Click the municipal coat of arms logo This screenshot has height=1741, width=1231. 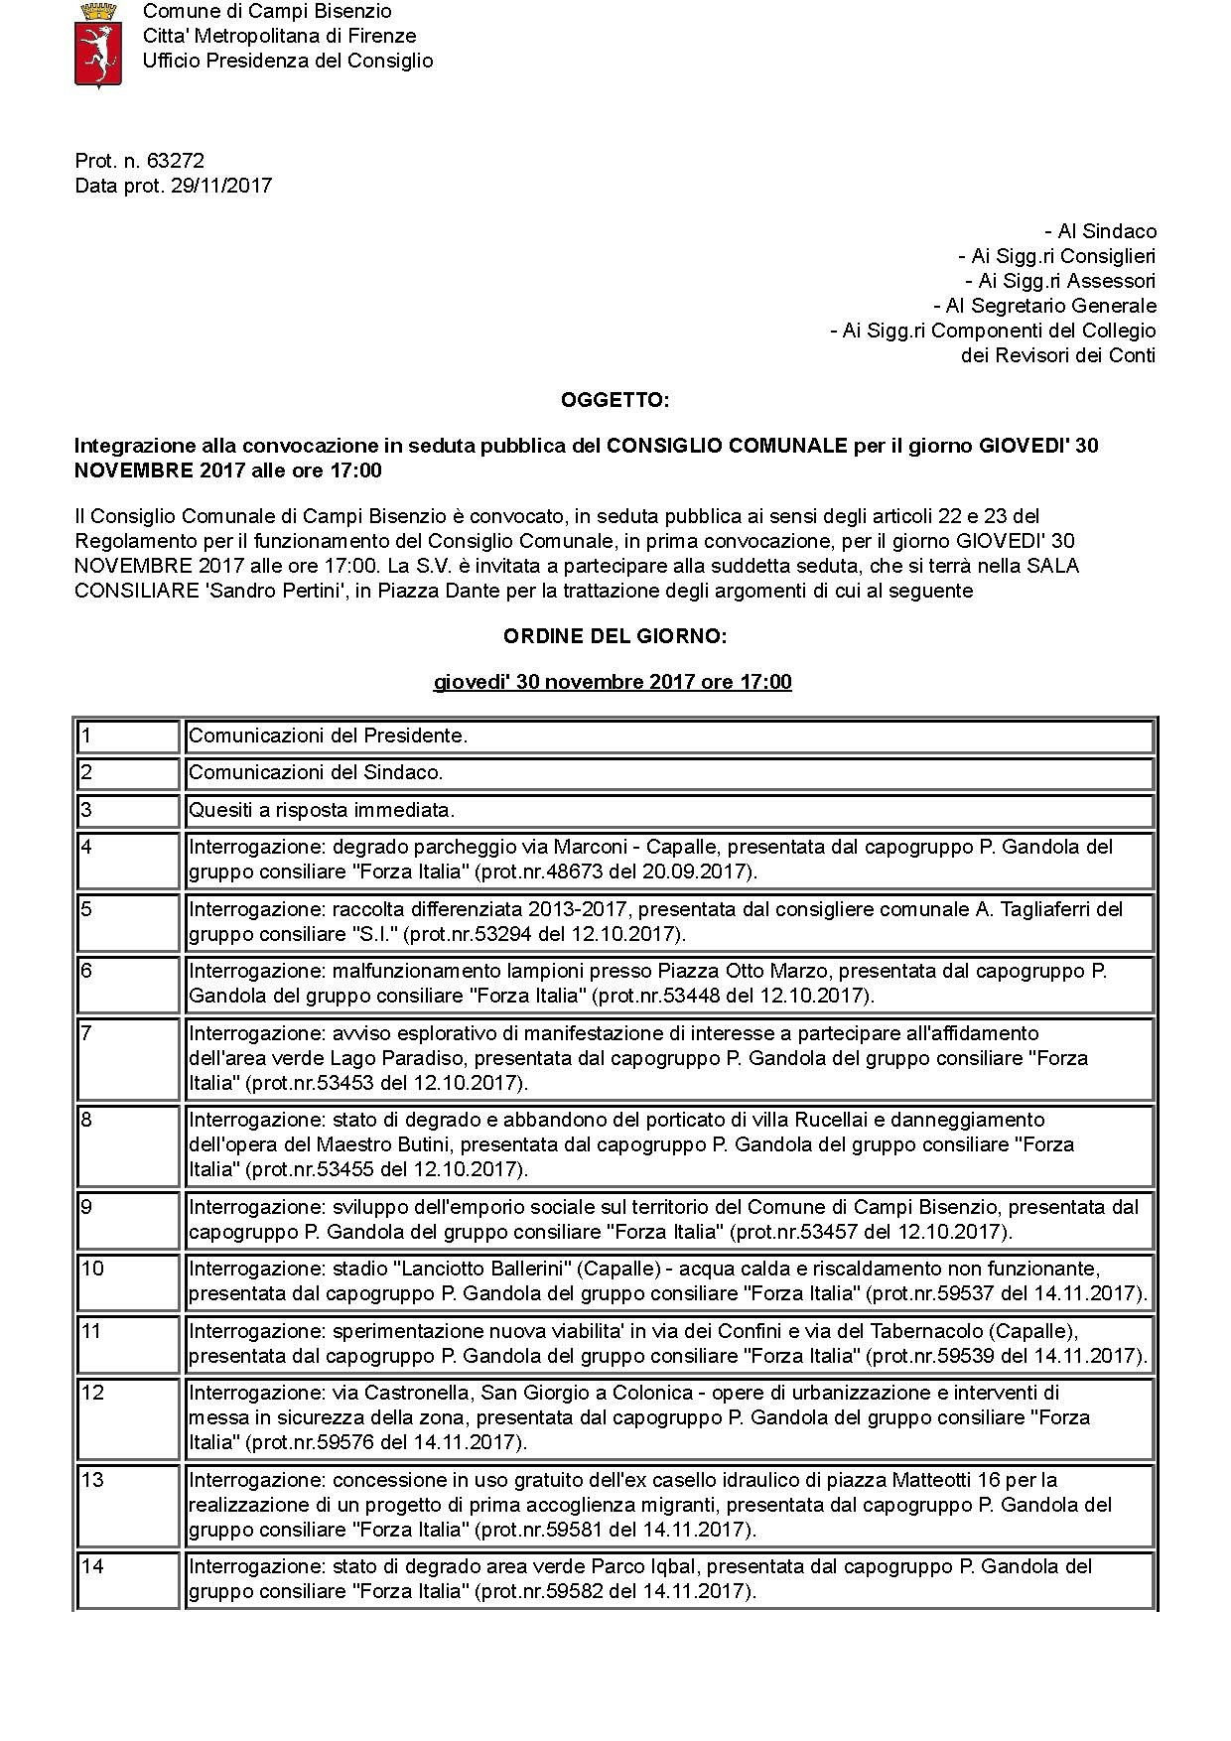click(x=98, y=45)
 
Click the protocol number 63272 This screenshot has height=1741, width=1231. click(x=176, y=161)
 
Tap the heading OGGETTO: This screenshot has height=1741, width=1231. click(x=615, y=400)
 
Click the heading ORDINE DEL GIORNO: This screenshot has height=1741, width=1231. click(x=615, y=636)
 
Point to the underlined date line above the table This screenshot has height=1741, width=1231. click(x=613, y=682)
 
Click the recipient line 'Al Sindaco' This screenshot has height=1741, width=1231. click(x=1101, y=231)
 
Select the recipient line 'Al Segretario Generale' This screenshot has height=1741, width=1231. click(x=1045, y=306)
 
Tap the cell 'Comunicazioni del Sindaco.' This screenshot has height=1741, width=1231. click(x=316, y=772)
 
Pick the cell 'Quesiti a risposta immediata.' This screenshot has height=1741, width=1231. click(x=322, y=810)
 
